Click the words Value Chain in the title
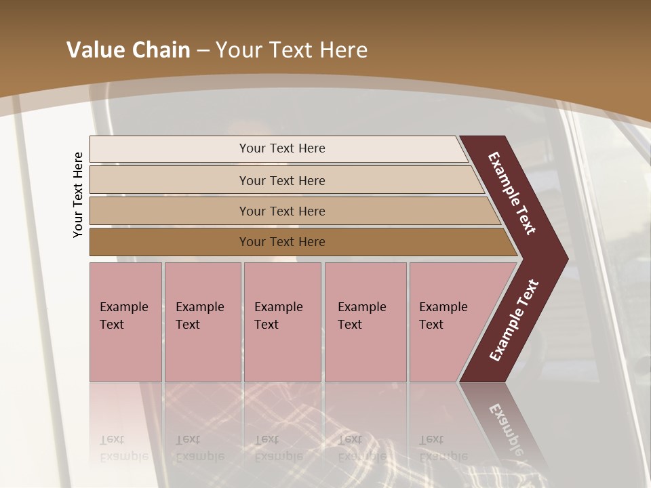(x=128, y=50)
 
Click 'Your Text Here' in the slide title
(x=292, y=50)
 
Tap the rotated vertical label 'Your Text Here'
(x=78, y=195)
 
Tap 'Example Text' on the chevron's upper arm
(x=512, y=193)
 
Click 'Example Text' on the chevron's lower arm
(x=514, y=321)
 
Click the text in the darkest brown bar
(x=282, y=242)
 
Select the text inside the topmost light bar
(x=282, y=148)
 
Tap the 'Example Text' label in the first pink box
(x=123, y=316)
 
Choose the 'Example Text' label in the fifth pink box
(x=443, y=316)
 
